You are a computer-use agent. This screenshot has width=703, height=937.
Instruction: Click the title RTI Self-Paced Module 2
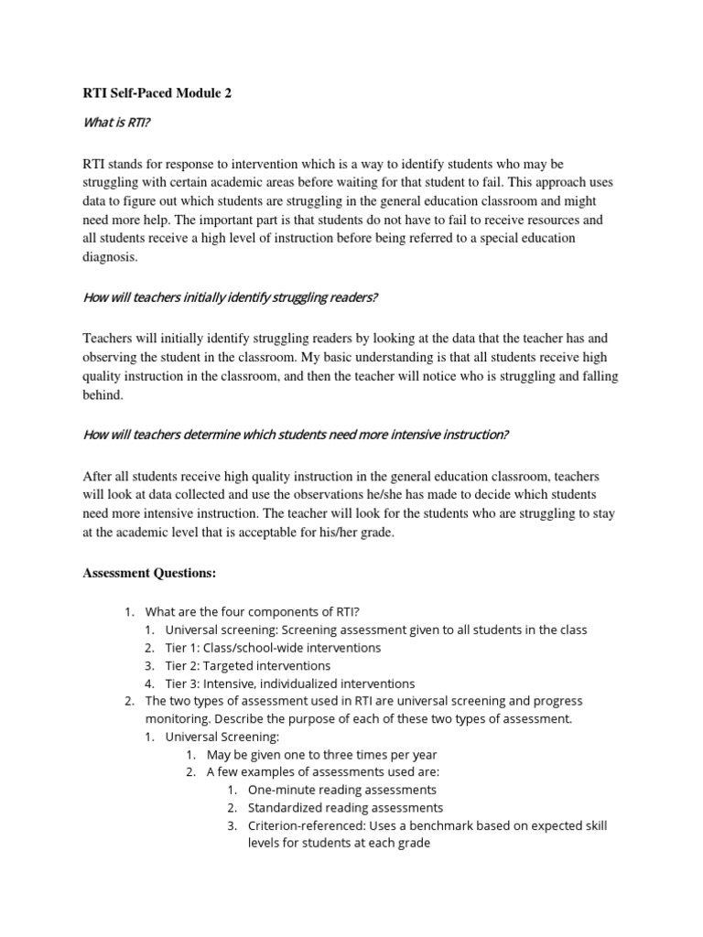[157, 93]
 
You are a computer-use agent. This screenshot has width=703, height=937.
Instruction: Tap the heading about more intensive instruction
[296, 435]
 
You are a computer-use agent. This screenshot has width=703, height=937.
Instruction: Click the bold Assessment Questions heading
[149, 573]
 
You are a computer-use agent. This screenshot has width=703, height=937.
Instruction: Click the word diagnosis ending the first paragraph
[110, 257]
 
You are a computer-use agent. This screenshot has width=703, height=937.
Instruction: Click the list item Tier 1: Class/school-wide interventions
[273, 647]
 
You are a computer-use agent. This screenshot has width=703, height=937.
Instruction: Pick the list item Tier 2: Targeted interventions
[247, 665]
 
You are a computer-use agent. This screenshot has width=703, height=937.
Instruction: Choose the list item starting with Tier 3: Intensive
[289, 684]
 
